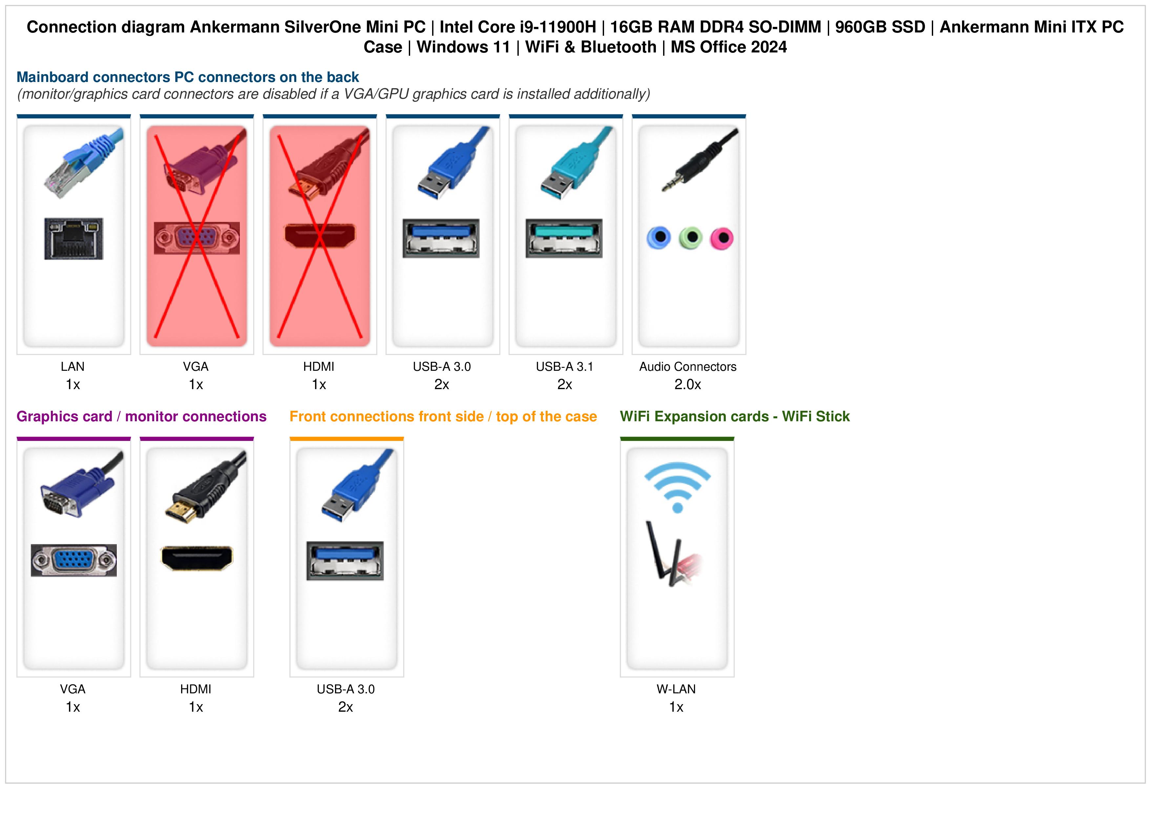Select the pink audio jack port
pyautogui.click(x=722, y=238)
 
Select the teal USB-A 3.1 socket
pyautogui.click(x=564, y=238)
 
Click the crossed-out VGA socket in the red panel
pyautogui.click(x=197, y=238)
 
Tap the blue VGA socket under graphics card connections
pyautogui.click(x=74, y=560)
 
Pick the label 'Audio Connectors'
pyautogui.click(x=688, y=367)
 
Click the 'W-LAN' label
pyautogui.click(x=676, y=689)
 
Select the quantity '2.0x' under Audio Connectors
pyautogui.click(x=688, y=385)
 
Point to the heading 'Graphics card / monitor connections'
pyautogui.click(x=141, y=416)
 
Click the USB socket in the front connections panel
pyautogui.click(x=345, y=561)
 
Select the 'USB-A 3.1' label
pyautogui.click(x=564, y=367)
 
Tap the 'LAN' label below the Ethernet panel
pyautogui.click(x=73, y=367)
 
